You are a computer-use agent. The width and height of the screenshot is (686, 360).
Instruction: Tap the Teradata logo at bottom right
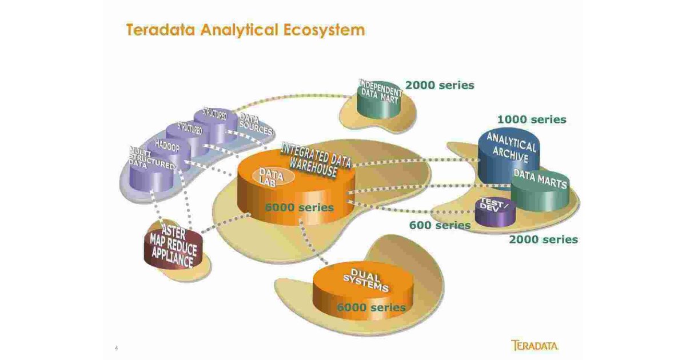pyautogui.click(x=535, y=345)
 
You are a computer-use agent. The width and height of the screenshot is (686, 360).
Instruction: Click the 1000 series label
pyautogui.click(x=531, y=119)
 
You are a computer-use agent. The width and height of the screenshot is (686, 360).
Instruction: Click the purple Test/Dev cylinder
pyautogui.click(x=495, y=213)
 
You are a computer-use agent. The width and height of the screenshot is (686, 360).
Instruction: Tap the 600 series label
pyautogui.click(x=439, y=225)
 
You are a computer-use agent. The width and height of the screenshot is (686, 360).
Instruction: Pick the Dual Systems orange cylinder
pyautogui.click(x=363, y=289)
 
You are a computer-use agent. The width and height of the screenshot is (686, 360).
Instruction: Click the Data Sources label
pyautogui.click(x=254, y=125)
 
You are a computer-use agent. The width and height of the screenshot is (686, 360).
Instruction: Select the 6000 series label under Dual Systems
pyautogui.click(x=370, y=307)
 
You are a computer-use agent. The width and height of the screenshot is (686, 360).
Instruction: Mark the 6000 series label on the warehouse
pyautogui.click(x=299, y=207)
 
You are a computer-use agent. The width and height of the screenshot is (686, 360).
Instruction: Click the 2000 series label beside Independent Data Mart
pyautogui.click(x=439, y=85)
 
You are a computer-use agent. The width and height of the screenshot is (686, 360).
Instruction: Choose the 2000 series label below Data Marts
pyautogui.click(x=543, y=239)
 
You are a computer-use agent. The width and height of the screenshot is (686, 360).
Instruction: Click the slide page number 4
pyautogui.click(x=116, y=347)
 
